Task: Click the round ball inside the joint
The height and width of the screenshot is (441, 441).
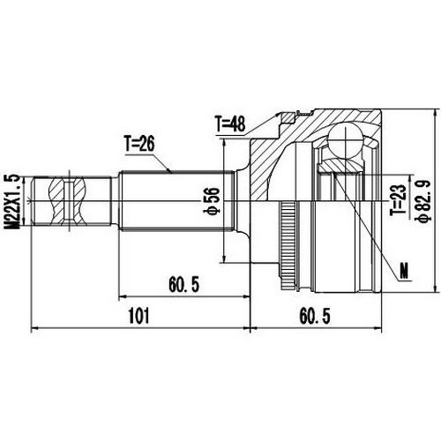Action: click(x=345, y=139)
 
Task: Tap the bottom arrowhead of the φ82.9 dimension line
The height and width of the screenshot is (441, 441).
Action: click(x=437, y=289)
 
